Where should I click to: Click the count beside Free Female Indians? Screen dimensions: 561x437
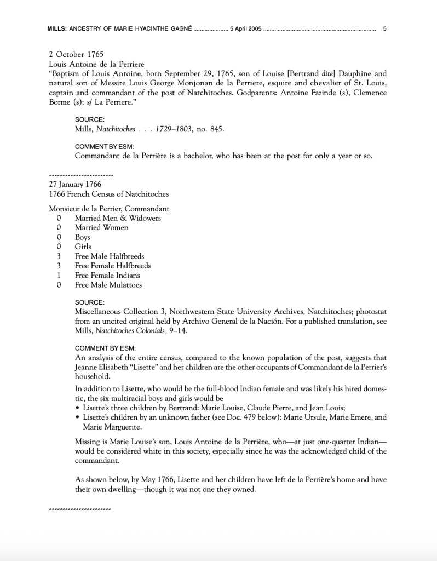pyautogui.click(x=58, y=275)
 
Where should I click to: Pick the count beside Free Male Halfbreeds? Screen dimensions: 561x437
pyautogui.click(x=58, y=256)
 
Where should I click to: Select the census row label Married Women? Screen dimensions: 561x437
pyautogui.click(x=102, y=227)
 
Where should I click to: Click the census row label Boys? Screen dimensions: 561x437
pyautogui.click(x=83, y=237)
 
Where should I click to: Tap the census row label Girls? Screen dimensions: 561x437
pyautogui.click(x=83, y=247)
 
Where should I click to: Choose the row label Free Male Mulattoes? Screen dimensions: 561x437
pyautogui.click(x=108, y=285)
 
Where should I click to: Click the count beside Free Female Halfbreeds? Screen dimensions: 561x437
pyautogui.click(x=58, y=266)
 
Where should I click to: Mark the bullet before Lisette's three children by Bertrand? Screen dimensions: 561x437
pyautogui.click(x=77, y=408)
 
